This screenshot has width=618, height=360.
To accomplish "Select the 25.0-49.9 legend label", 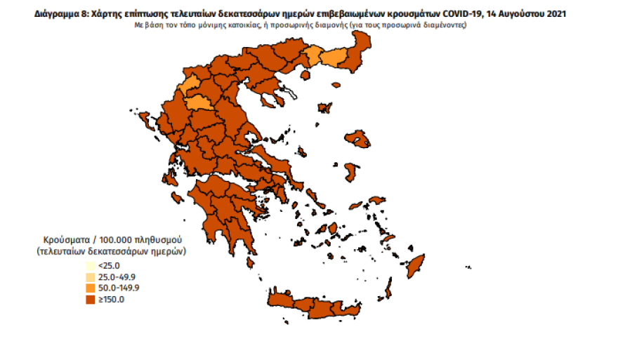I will pos(117,276).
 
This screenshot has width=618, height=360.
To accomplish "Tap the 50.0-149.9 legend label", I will pos(119,288).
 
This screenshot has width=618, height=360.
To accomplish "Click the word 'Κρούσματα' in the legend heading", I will pos(66,239).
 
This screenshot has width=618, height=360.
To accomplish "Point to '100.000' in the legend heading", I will pos(117,239).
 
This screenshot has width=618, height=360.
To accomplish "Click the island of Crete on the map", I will pos(323,304).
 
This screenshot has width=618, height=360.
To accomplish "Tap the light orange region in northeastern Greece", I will pos(330,58).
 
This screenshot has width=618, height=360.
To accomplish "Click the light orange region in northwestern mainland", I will pos(202,102).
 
